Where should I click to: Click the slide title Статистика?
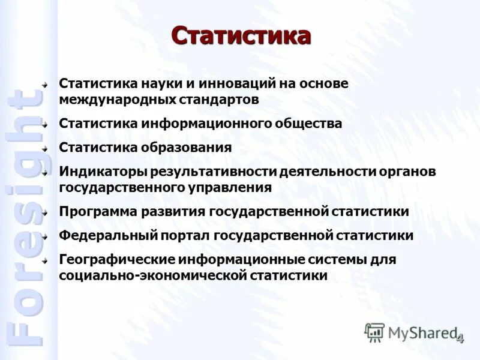(x=241, y=36)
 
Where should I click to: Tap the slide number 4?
(x=460, y=339)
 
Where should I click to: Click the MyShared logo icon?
(x=375, y=332)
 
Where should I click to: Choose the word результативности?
(x=205, y=172)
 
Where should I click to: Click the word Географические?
(x=116, y=260)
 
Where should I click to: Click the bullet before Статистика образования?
(x=46, y=148)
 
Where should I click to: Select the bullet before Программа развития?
(x=46, y=212)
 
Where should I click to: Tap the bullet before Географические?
(x=46, y=260)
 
